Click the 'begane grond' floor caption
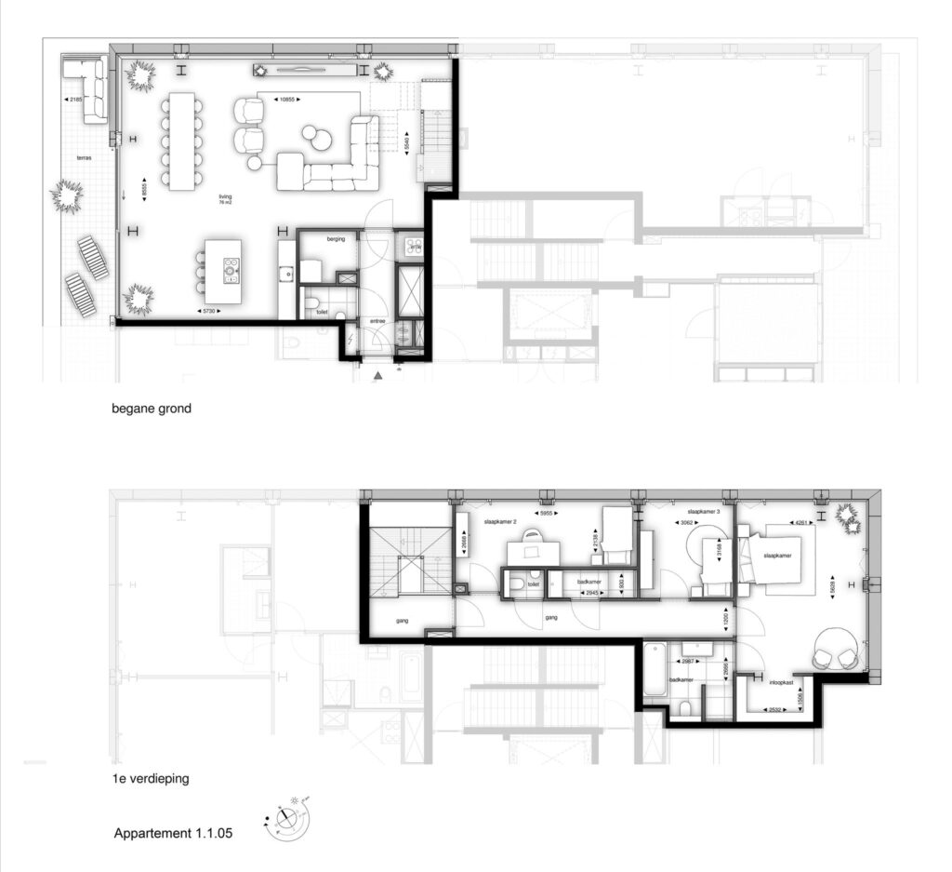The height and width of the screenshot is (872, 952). [x=151, y=408]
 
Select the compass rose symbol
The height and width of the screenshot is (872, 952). [x=289, y=820]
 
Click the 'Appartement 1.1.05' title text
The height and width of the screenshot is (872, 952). [x=173, y=834]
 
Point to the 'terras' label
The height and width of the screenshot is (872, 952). [x=85, y=159]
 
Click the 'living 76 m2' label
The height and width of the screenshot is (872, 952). [x=225, y=199]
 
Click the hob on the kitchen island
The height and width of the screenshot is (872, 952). [x=231, y=271]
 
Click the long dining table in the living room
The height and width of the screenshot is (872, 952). [x=181, y=141]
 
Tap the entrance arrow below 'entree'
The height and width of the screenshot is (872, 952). [x=377, y=376]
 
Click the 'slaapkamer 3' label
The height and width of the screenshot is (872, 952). [x=704, y=512]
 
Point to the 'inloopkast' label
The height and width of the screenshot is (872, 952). [x=780, y=683]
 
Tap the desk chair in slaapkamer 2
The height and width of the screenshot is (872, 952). [x=532, y=535]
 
